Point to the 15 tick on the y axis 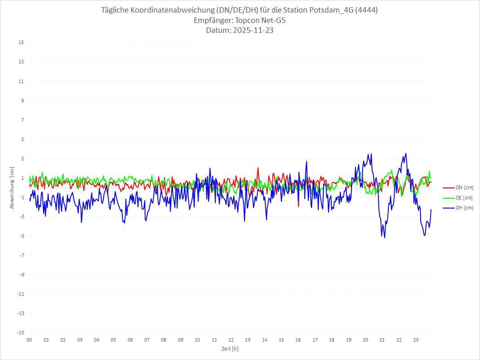tap(21, 43)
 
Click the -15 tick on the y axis tap(20, 333)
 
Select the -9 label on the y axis tap(21, 275)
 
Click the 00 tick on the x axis tap(29, 340)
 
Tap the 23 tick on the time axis tap(416, 340)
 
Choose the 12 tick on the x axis tap(231, 340)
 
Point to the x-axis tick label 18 tap(332, 340)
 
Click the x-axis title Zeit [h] tap(230, 349)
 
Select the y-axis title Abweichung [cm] tap(12, 187)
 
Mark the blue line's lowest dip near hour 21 tap(385, 237)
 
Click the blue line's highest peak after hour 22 tap(406, 153)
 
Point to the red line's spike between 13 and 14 tap(258, 168)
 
